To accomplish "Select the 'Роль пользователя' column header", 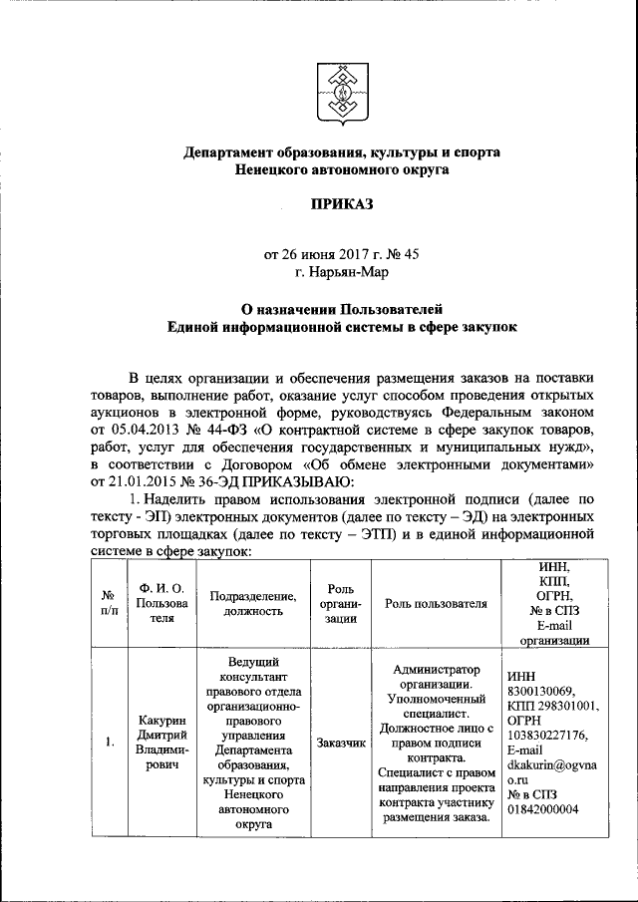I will coord(436,603).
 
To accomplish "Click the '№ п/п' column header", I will coord(108,603).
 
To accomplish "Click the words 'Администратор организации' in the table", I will coord(437,677).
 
